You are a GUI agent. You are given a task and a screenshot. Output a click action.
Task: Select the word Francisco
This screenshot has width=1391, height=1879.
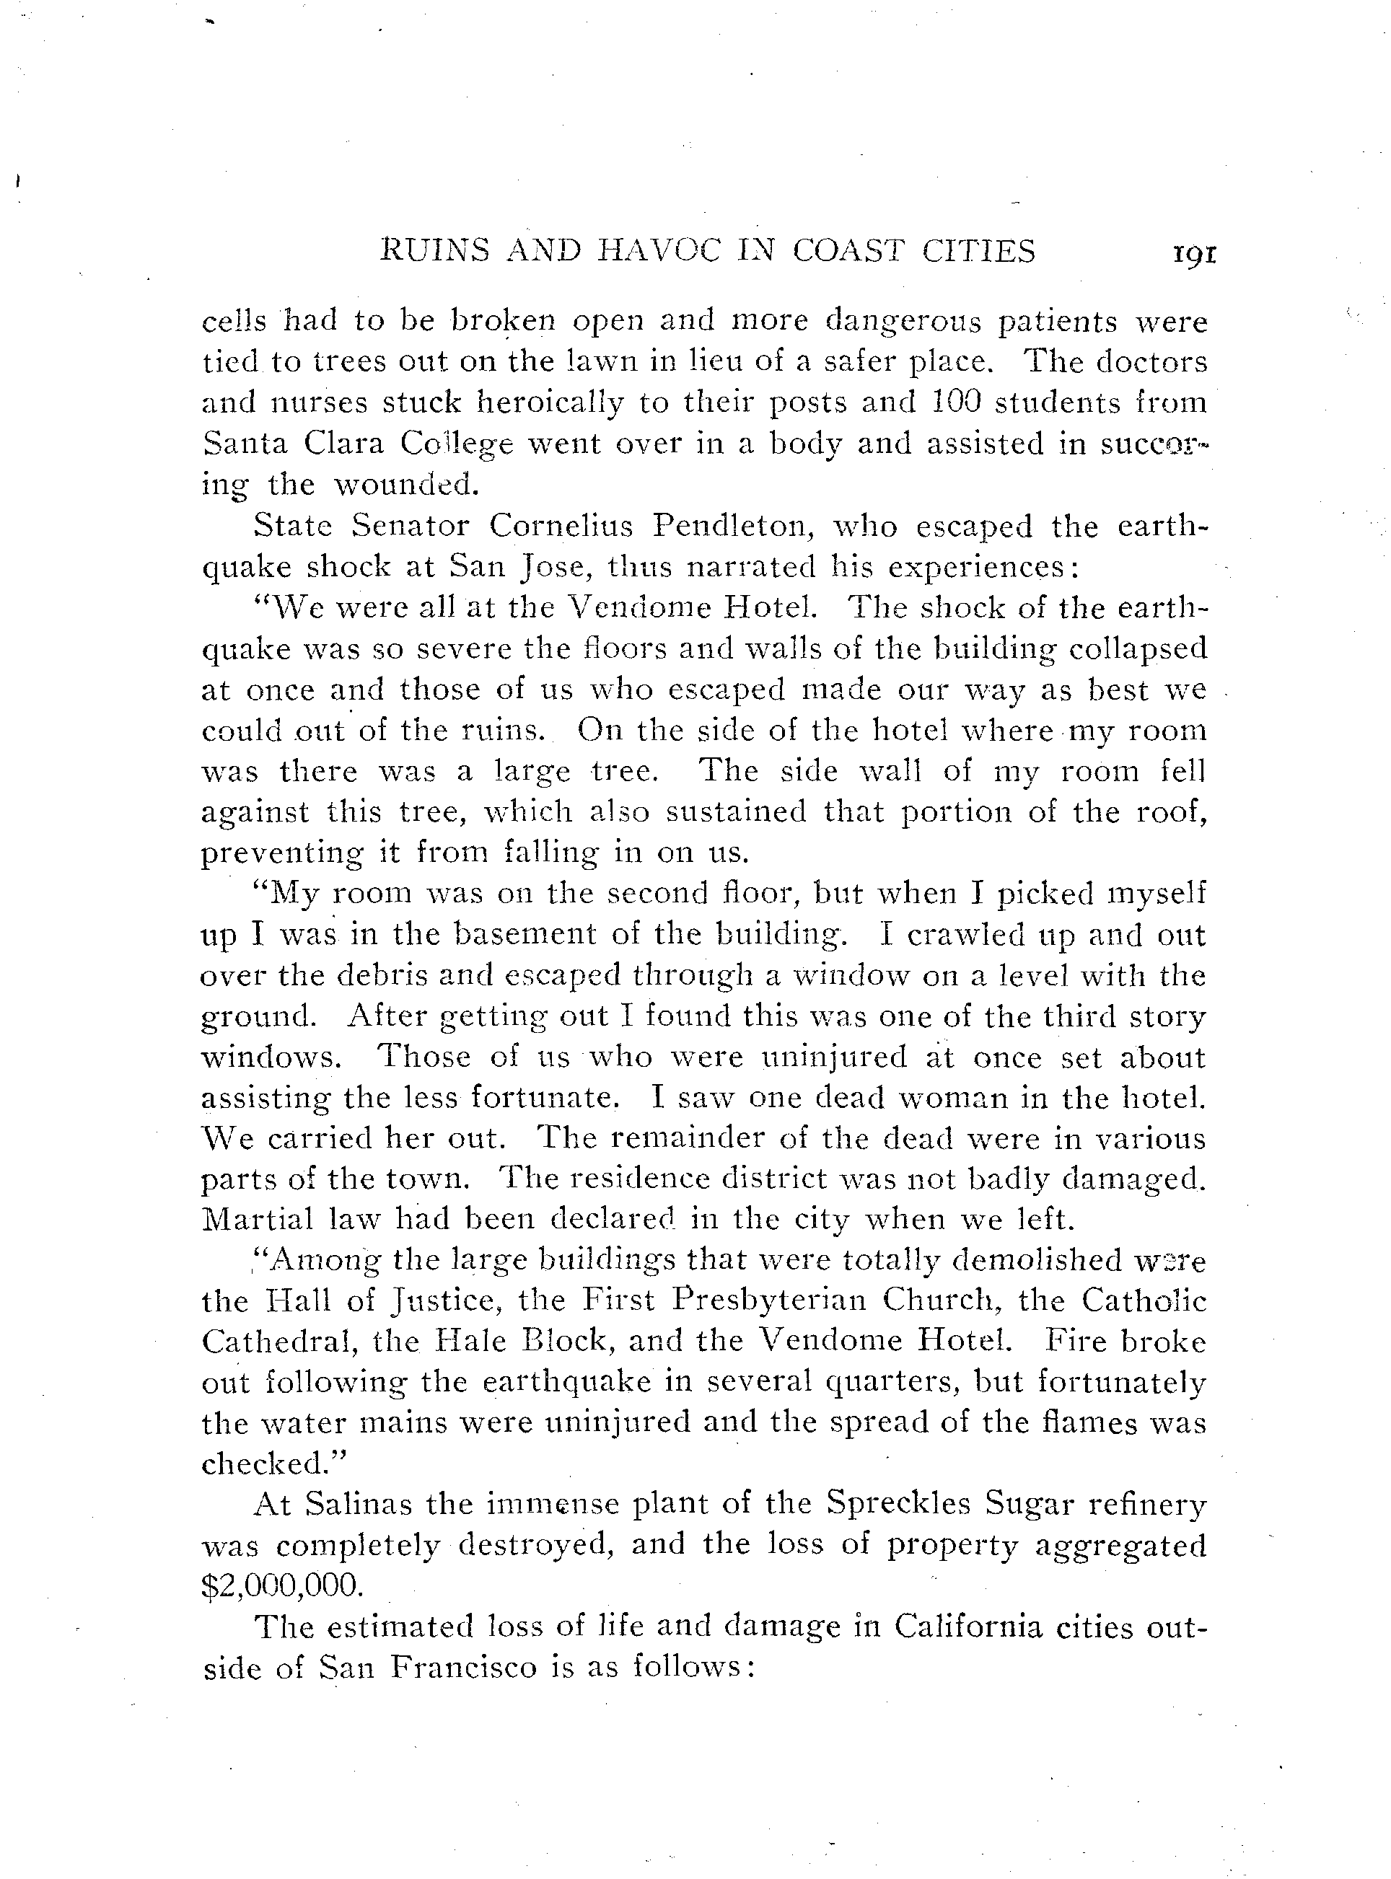click(464, 1668)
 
